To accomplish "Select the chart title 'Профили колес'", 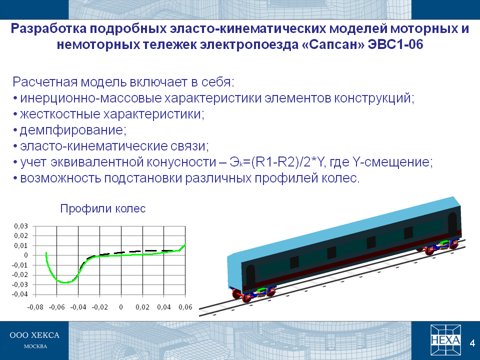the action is coord(103,208).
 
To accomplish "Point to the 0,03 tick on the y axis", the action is coord(21,226).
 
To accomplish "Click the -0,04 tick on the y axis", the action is coord(20,294).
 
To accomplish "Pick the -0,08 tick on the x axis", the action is coord(35,307).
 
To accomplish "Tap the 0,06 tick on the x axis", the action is coord(185,307).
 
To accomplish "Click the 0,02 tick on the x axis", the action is coord(142,307).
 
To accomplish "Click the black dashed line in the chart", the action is coord(131,252).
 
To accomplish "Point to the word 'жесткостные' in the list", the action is coord(60,114).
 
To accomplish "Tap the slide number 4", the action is coord(472,343).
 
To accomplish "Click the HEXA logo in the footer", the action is coord(445,339).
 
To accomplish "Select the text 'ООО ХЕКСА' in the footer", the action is coord(34,335).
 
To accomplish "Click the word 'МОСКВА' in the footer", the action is coord(35,346).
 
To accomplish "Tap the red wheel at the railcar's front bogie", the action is coord(246,297).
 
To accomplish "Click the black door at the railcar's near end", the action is coord(250,276).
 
